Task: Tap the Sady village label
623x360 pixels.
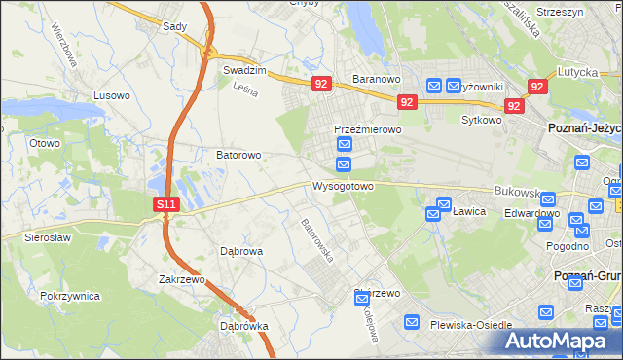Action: pos(174,27)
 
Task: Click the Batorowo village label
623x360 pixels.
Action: pos(238,155)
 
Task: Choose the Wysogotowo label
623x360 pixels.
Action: pos(343,185)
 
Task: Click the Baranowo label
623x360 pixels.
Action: pos(377,79)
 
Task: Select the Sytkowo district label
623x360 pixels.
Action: pos(481,121)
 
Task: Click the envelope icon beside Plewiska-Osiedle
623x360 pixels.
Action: pos(413,322)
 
